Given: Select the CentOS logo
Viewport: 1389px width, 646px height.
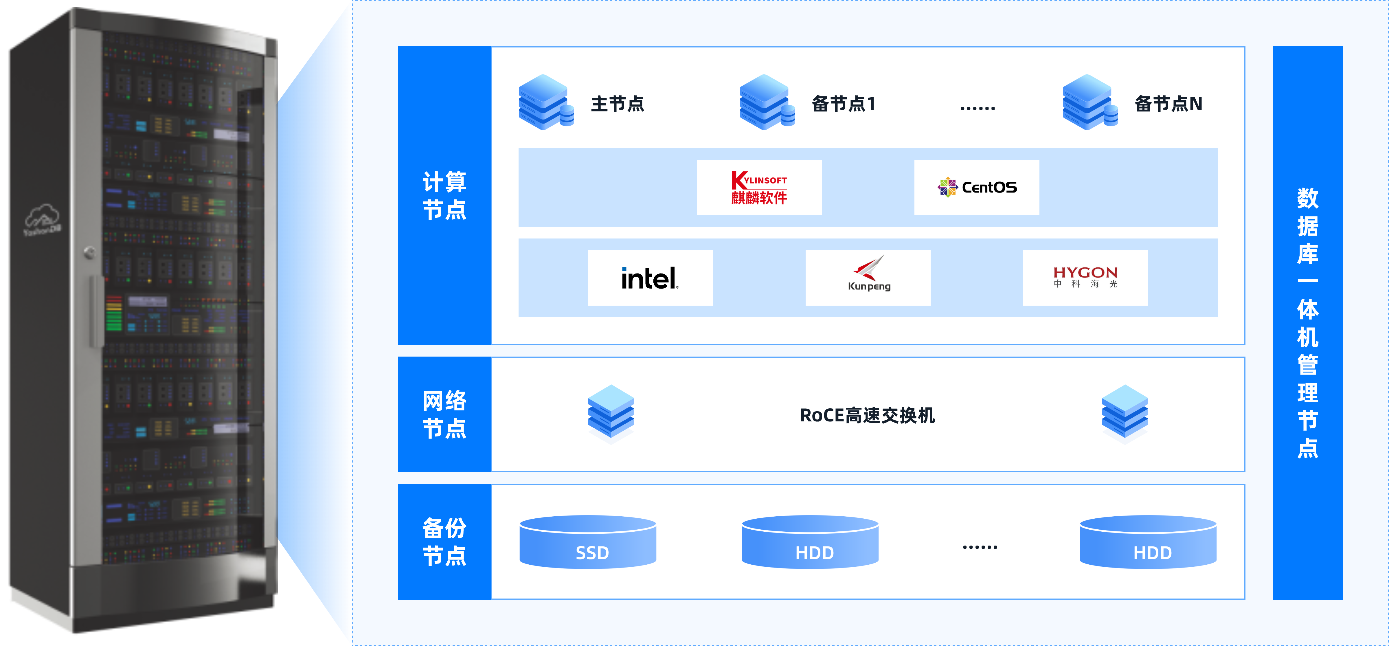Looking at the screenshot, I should (x=977, y=188).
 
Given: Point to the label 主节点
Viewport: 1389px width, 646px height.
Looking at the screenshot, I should (x=618, y=104).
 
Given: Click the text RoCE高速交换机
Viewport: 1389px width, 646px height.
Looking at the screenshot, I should (x=867, y=415).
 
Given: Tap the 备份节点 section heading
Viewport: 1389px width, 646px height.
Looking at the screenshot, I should (x=444, y=542).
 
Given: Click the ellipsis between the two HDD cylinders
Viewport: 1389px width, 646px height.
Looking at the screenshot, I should (x=980, y=547).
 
